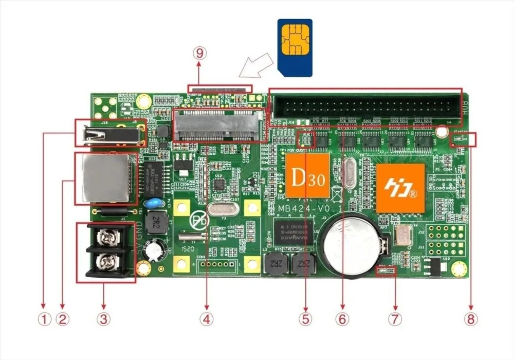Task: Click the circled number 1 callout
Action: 44,319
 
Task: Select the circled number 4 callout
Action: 206,319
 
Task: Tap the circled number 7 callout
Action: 394,319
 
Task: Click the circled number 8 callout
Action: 470,319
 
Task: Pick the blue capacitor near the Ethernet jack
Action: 151,203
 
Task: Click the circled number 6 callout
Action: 342,319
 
